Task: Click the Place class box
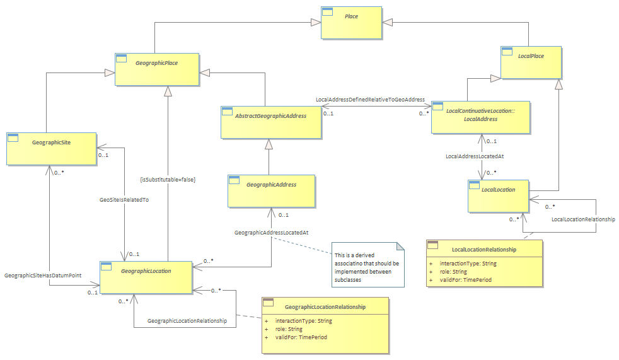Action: [351, 23]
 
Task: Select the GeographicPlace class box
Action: [157, 69]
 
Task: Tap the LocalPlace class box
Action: [531, 62]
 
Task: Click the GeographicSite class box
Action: [51, 149]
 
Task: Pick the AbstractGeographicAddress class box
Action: [271, 122]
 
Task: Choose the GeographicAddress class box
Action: [271, 191]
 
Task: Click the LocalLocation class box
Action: [498, 196]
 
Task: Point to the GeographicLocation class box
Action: [146, 277]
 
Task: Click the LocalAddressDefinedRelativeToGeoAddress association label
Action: [370, 100]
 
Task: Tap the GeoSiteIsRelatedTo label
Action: [124, 200]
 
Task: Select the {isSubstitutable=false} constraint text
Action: [168, 180]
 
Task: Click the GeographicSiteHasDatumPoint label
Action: [43, 275]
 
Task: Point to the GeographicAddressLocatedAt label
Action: [271, 233]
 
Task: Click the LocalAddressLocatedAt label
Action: [475, 156]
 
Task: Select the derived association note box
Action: [368, 264]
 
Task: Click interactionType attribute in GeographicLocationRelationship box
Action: [304, 321]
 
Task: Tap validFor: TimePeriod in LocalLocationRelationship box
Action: [466, 280]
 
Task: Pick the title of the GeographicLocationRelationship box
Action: [325, 306]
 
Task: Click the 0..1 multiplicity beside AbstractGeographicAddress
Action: [328, 113]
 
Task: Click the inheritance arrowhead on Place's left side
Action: [316, 22]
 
